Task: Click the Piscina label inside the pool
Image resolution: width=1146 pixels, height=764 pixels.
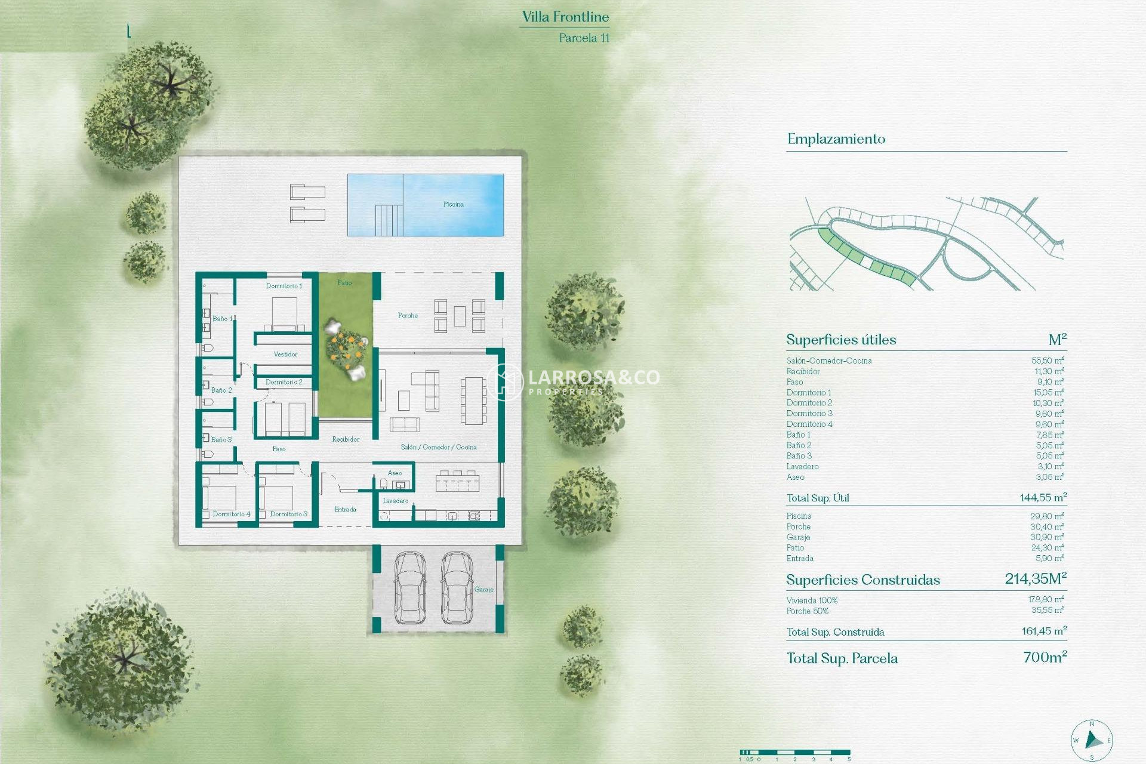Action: coord(453,204)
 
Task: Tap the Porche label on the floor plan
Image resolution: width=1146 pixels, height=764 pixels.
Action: coord(408,315)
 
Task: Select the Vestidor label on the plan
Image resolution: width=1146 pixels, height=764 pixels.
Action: coord(285,354)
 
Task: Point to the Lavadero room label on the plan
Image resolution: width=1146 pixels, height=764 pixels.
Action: coord(395,501)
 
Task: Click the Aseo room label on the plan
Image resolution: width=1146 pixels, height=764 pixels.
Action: coord(395,473)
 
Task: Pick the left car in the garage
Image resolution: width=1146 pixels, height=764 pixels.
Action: coord(410,587)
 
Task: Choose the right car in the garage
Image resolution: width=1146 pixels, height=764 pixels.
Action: coord(457,587)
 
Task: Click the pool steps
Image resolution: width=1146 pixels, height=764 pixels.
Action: coord(389,220)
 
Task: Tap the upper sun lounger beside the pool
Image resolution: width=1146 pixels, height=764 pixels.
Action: coord(307,192)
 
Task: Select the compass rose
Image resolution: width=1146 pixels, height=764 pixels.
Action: coord(1092,741)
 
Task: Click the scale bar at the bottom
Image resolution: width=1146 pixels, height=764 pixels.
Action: coord(794,753)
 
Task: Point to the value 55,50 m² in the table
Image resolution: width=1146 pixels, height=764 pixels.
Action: coord(1048,361)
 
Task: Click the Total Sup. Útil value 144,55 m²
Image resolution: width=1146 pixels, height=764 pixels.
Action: coord(1043,497)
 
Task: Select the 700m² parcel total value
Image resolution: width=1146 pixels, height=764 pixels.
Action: coord(1045,657)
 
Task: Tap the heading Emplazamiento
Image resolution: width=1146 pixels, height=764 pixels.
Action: coord(836,139)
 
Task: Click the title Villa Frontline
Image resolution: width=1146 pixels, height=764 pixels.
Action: coord(565,17)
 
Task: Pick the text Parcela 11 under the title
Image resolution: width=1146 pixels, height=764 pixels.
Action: coord(584,38)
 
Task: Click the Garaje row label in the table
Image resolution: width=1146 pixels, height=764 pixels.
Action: coord(798,537)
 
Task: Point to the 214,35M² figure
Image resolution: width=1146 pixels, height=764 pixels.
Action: coord(1035,578)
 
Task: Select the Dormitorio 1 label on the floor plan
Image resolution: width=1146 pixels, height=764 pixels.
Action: coord(284,286)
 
